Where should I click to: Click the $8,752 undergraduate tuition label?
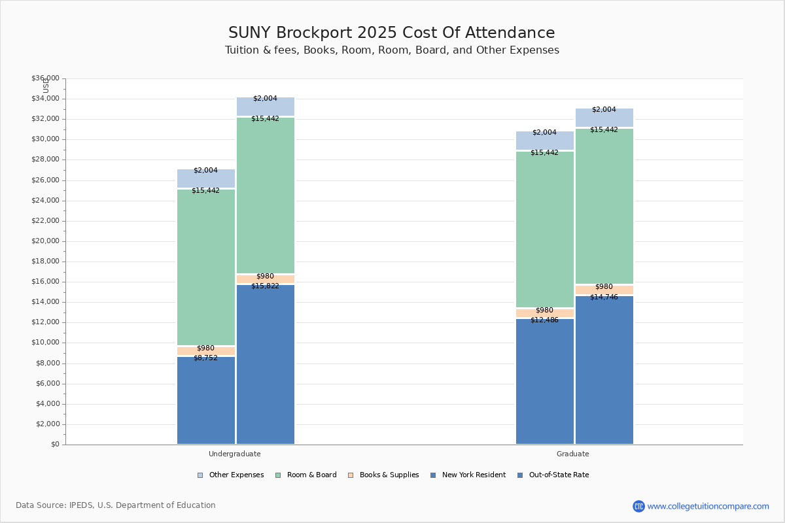point(205,358)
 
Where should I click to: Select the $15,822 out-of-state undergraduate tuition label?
point(265,286)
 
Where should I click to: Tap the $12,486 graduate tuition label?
point(544,320)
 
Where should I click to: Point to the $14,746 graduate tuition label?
point(604,297)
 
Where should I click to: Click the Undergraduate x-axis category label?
point(234,454)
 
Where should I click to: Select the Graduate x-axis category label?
point(572,454)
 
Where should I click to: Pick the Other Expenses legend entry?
point(231,475)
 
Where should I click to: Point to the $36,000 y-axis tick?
point(45,78)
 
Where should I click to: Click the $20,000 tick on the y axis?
point(45,241)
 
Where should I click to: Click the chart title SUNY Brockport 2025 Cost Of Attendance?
point(391,33)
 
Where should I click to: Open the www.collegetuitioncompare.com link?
point(708,506)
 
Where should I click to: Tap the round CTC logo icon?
point(638,506)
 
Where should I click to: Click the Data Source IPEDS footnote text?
point(116,505)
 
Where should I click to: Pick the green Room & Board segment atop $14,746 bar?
point(604,206)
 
